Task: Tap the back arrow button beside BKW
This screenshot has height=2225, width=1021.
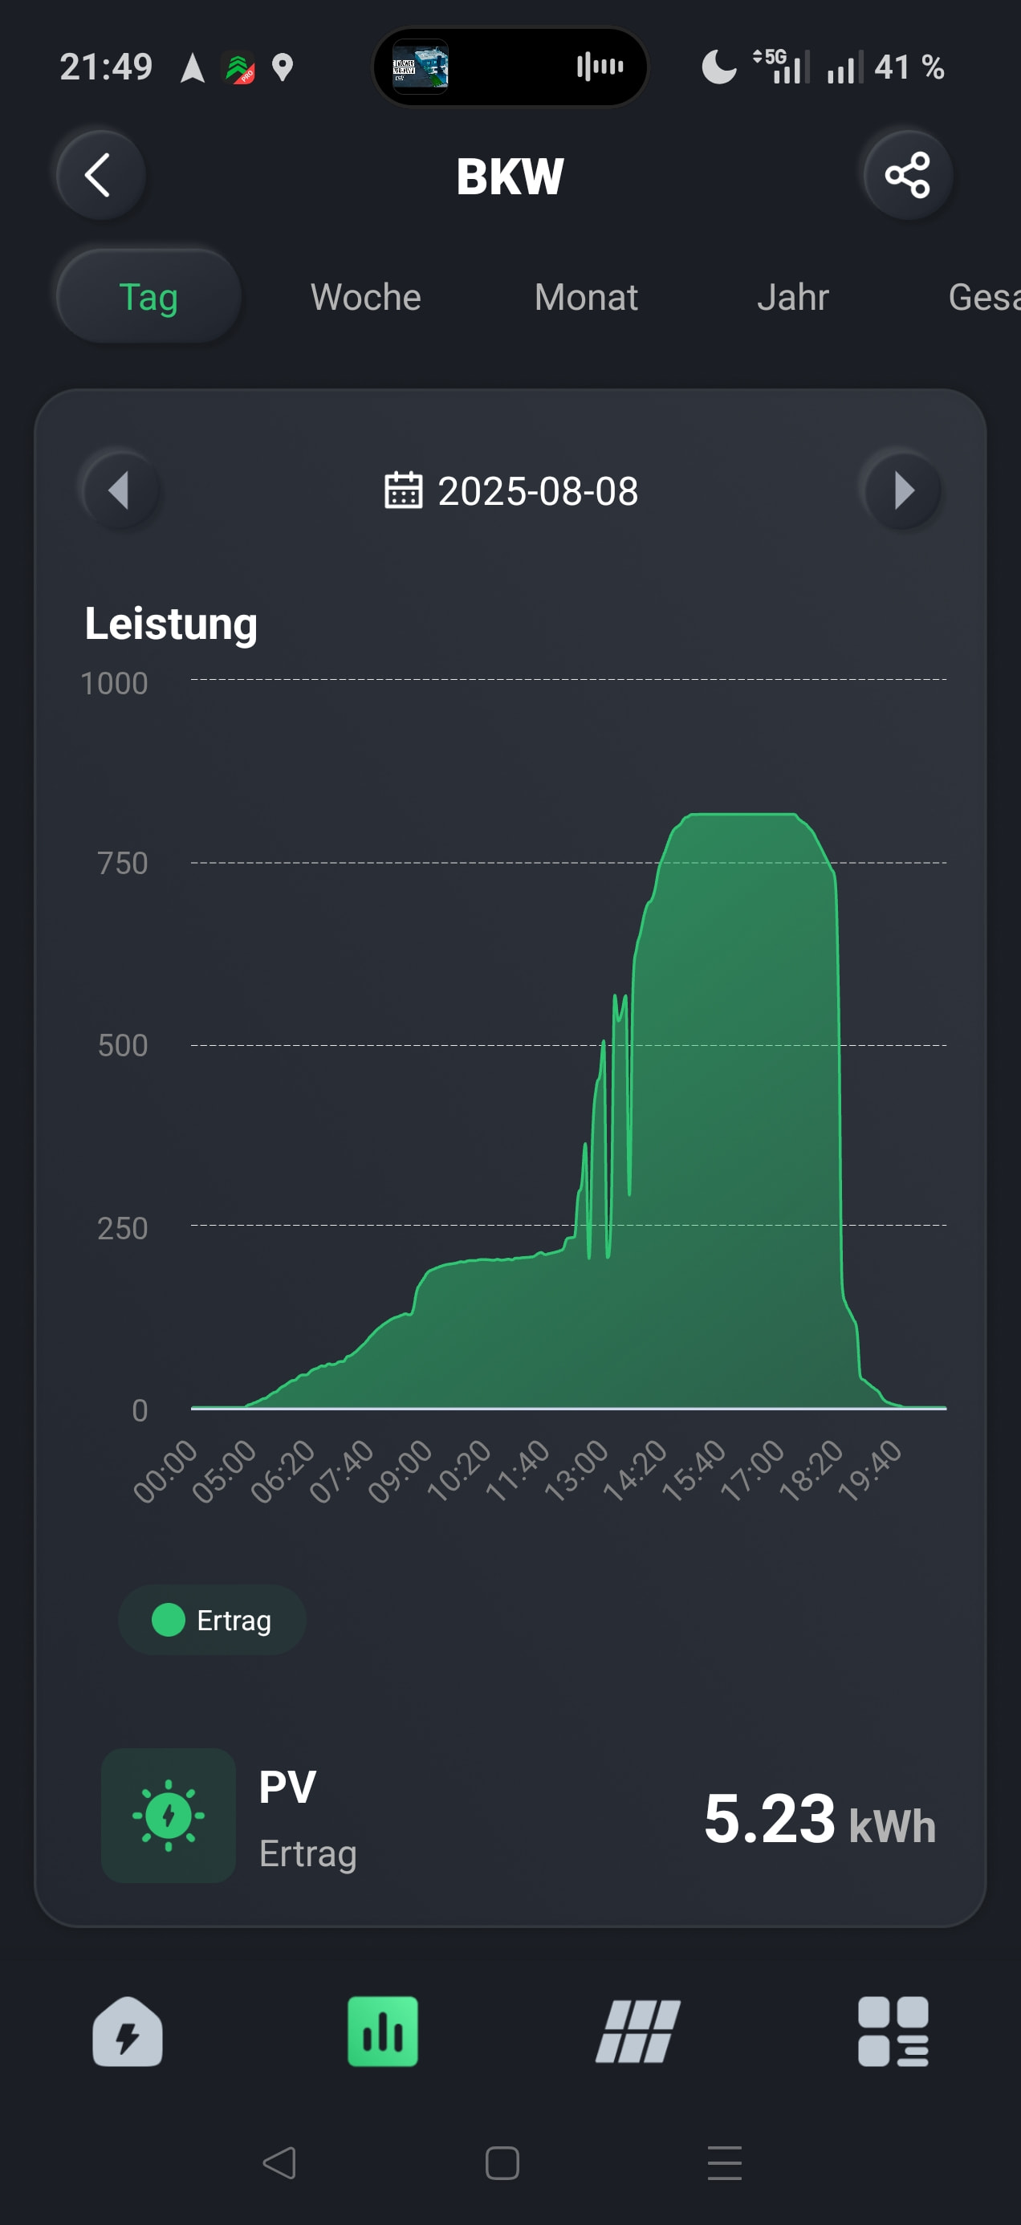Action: click(x=100, y=175)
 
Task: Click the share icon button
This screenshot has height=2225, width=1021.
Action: click(x=907, y=175)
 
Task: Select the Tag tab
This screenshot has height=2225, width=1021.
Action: click(x=148, y=297)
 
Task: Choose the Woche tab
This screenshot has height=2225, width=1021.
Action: click(x=365, y=297)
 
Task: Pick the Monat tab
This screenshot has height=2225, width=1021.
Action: click(x=586, y=297)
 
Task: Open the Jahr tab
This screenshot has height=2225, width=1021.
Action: click(x=792, y=297)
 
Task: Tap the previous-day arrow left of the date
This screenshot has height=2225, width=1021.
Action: click(x=120, y=490)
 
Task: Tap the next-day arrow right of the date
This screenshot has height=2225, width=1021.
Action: click(x=903, y=490)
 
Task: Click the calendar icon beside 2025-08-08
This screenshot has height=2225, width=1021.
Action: click(x=402, y=490)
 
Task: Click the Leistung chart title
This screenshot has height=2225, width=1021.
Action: click(x=171, y=624)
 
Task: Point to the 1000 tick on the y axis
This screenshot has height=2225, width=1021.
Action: click(x=114, y=683)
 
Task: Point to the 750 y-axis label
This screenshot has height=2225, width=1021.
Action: click(x=122, y=863)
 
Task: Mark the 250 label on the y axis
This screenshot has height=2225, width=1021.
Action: click(x=122, y=1228)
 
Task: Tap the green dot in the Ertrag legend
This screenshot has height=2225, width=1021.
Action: click(x=169, y=1620)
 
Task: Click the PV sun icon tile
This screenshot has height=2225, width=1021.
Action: click(x=169, y=1815)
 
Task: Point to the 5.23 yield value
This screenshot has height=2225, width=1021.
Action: click(x=769, y=1818)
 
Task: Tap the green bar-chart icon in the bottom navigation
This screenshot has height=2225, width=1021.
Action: click(x=383, y=2031)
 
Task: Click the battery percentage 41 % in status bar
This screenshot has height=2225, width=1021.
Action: click(x=909, y=67)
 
